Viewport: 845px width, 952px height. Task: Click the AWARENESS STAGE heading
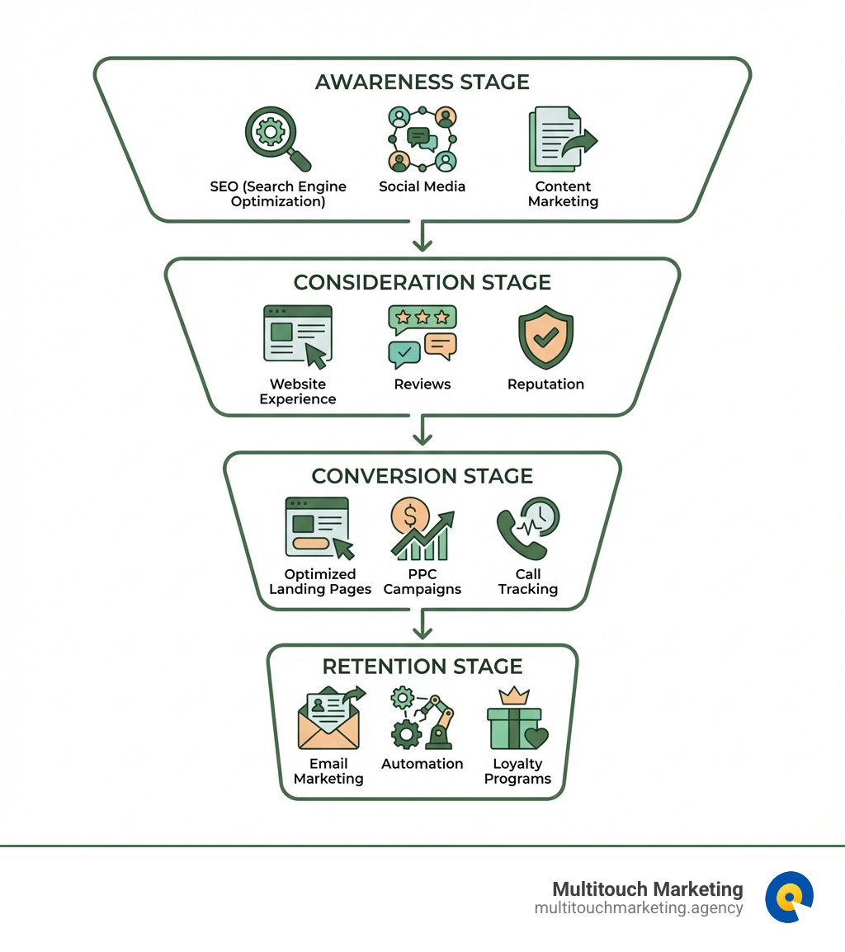pos(422,82)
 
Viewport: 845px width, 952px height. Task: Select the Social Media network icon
pos(422,138)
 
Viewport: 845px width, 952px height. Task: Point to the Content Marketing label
pos(563,194)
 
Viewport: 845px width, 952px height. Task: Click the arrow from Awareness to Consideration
pos(422,237)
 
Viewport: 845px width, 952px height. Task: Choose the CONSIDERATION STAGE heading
pos(422,282)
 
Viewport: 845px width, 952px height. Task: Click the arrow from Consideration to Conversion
pos(422,431)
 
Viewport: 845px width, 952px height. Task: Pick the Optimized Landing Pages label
pos(320,582)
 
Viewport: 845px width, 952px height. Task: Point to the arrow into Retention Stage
pos(422,625)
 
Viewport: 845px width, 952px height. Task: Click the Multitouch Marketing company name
pos(647,889)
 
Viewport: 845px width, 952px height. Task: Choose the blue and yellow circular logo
pos(789,897)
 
